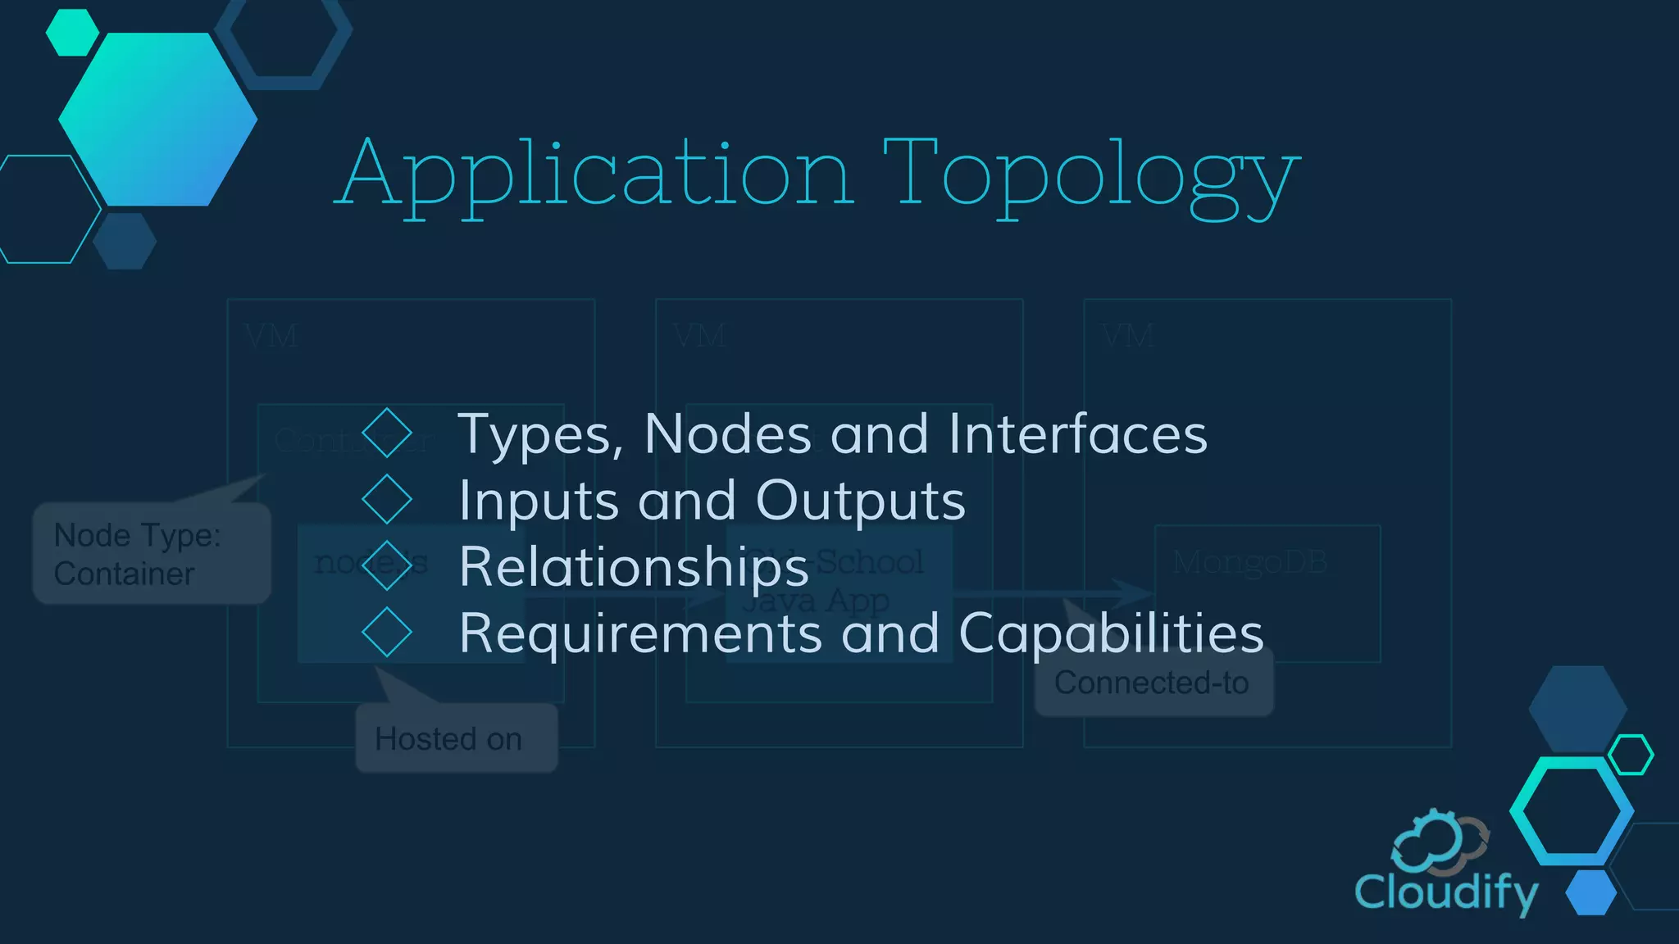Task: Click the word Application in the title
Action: [x=595, y=174]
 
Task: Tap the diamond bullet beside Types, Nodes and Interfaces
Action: [x=386, y=433]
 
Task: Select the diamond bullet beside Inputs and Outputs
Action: [x=386, y=500]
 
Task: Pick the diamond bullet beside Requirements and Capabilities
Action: [x=386, y=632]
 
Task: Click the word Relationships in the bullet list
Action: [x=634, y=567]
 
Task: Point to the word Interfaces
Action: [x=1077, y=433]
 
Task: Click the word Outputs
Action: [x=860, y=500]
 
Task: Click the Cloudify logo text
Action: [x=1445, y=892]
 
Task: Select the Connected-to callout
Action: [x=1153, y=683]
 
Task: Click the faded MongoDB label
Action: [x=1249, y=562]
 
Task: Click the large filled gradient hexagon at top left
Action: [x=157, y=120]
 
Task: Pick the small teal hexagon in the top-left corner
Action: [x=72, y=33]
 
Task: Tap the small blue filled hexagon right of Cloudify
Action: [x=1591, y=892]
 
